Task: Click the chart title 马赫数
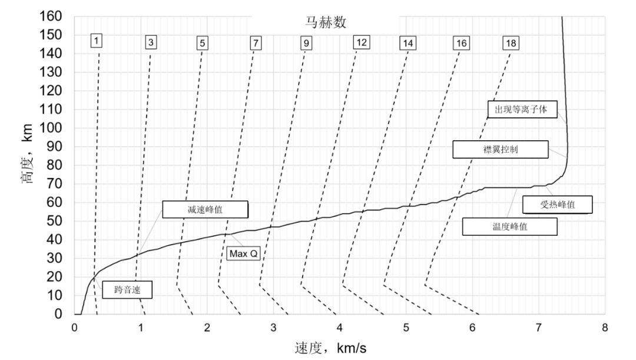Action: click(x=326, y=22)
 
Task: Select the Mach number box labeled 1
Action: click(x=96, y=41)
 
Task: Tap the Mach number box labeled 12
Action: click(x=362, y=42)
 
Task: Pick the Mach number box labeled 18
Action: click(x=511, y=43)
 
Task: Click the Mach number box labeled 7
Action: click(x=256, y=43)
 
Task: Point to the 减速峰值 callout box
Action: click(x=206, y=209)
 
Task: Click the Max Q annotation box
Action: click(x=243, y=254)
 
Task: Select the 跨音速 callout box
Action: click(x=127, y=290)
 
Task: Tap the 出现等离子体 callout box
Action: click(x=522, y=109)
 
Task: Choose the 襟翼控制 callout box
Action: click(x=501, y=149)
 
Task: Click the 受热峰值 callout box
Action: click(x=557, y=204)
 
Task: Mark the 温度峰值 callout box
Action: click(x=510, y=226)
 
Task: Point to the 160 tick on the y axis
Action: click(x=50, y=16)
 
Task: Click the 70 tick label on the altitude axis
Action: click(x=54, y=184)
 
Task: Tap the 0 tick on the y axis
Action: click(x=58, y=313)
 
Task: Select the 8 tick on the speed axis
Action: click(x=605, y=328)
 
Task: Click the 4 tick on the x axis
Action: click(x=340, y=328)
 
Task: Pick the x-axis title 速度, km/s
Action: click(x=330, y=348)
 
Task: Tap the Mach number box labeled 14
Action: click(x=408, y=43)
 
